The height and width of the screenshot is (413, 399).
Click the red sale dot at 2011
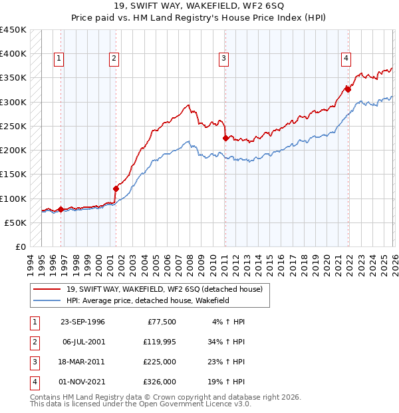coord(225,139)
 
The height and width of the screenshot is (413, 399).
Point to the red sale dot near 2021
coord(348,89)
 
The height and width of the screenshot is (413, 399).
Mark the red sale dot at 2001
coord(116,189)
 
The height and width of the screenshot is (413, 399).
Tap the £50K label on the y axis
coord(15,222)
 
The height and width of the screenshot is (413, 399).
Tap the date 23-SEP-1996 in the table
coord(82,322)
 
